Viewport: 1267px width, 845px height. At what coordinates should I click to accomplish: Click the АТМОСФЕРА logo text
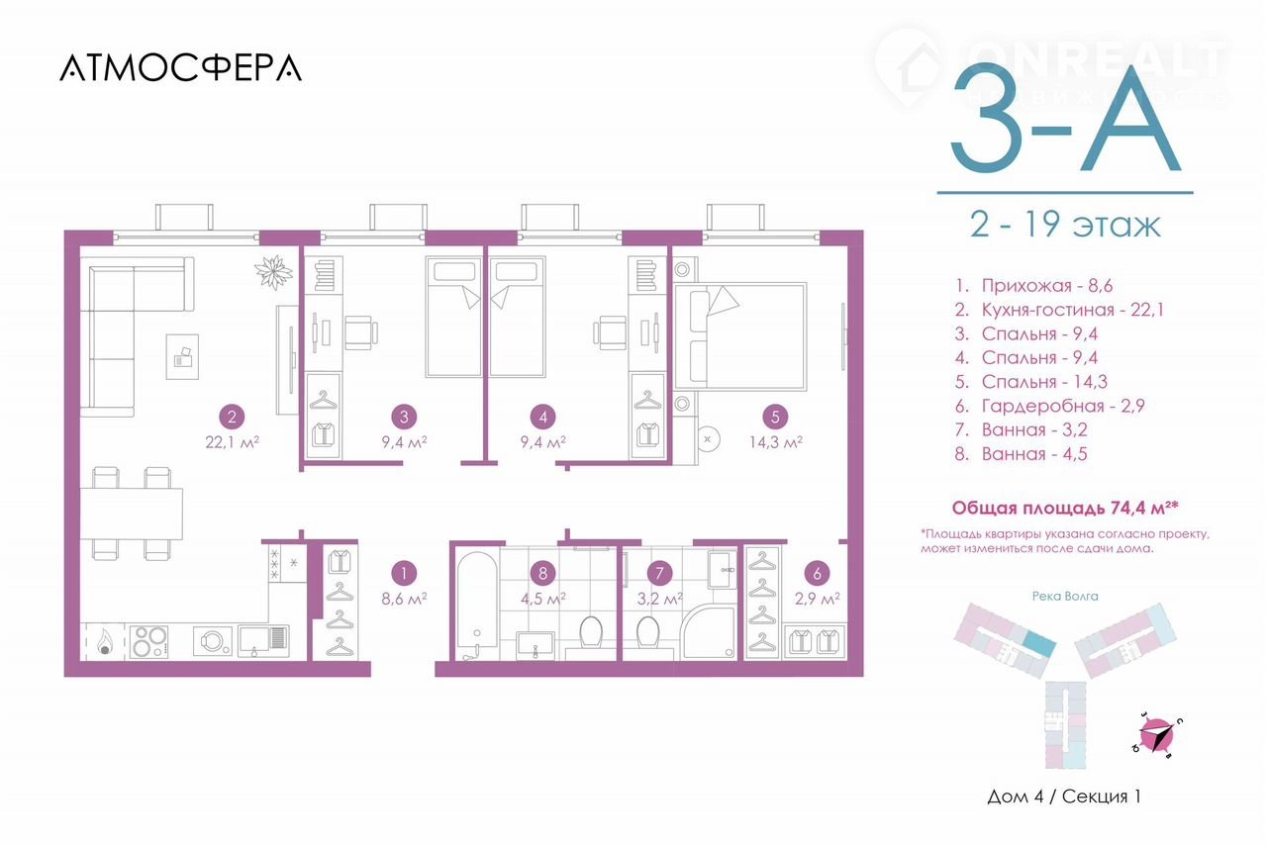pos(180,68)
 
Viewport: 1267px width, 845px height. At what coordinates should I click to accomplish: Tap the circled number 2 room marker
pos(232,418)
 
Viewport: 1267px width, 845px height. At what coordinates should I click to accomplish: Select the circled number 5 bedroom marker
pos(775,418)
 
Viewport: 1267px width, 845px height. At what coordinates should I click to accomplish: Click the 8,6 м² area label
pos(404,599)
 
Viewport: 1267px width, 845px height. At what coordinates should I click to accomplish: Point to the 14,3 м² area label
pos(775,442)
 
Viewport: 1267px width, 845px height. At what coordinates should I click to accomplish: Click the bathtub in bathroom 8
pos(477,606)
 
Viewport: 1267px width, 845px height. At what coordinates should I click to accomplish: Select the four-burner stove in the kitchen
pos(148,641)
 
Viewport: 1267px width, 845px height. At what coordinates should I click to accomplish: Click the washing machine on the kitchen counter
pos(213,641)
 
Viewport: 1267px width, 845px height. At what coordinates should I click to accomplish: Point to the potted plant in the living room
pos(274,272)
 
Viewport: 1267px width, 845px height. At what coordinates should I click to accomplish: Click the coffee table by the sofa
pos(182,356)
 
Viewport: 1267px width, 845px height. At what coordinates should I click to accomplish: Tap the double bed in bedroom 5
pos(739,336)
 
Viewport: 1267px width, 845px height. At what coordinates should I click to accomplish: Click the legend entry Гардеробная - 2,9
pos(1050,406)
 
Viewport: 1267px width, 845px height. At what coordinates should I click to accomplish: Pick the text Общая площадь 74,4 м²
pos(1065,508)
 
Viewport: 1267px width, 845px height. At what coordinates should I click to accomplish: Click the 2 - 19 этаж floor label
pos(1065,225)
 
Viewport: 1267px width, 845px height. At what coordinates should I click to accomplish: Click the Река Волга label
pos(1065,596)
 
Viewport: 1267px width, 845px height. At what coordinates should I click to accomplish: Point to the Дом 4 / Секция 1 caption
pos(1064,797)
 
